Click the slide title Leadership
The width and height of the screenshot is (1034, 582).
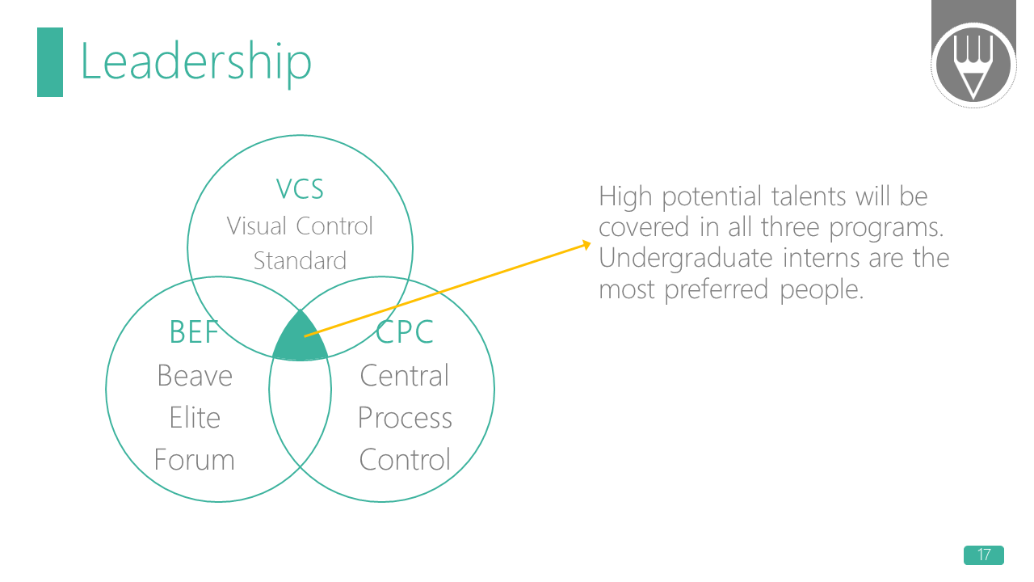click(x=195, y=62)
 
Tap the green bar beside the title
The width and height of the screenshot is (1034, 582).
click(x=50, y=62)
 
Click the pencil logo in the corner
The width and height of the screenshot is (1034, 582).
click(x=973, y=65)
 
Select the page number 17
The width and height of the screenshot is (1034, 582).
click(x=983, y=555)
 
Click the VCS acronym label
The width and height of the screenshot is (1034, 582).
click(x=300, y=189)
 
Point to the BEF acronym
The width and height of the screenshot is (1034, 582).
click(x=194, y=331)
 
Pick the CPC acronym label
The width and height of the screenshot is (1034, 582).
click(x=405, y=331)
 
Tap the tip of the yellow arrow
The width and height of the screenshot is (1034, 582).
click(x=588, y=243)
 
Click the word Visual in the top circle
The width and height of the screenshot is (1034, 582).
click(x=257, y=226)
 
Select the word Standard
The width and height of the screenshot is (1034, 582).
click(x=300, y=261)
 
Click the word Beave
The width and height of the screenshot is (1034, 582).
click(x=195, y=376)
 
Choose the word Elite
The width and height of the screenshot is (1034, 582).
click(x=195, y=418)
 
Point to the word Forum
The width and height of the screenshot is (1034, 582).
click(x=195, y=460)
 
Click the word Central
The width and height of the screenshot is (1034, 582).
click(x=404, y=376)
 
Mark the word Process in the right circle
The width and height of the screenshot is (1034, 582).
click(x=405, y=418)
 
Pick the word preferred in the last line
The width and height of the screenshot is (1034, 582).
click(x=719, y=289)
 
